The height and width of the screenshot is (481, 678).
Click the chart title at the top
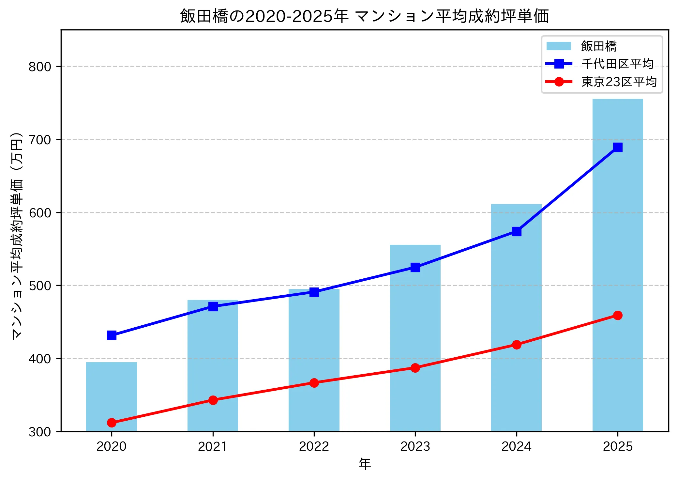pos(364,16)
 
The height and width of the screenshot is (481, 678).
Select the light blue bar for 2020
pos(112,396)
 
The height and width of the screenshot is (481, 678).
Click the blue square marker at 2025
pos(617,147)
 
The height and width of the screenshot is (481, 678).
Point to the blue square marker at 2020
pos(112,335)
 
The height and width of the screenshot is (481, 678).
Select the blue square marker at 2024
pos(516,232)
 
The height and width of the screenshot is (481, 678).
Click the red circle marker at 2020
pos(112,423)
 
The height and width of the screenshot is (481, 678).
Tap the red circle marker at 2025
pos(617,315)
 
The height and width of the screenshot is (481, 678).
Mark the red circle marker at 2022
pos(314,383)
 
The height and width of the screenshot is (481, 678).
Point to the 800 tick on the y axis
pos(40,67)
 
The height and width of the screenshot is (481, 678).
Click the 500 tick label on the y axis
pos(40,286)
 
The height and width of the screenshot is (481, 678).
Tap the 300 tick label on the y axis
pos(40,432)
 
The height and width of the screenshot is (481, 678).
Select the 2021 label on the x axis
pos(213,446)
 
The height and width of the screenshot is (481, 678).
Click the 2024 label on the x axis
pos(516,446)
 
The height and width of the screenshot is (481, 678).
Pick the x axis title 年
pos(365,464)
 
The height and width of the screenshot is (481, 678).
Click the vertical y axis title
pos(17,236)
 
